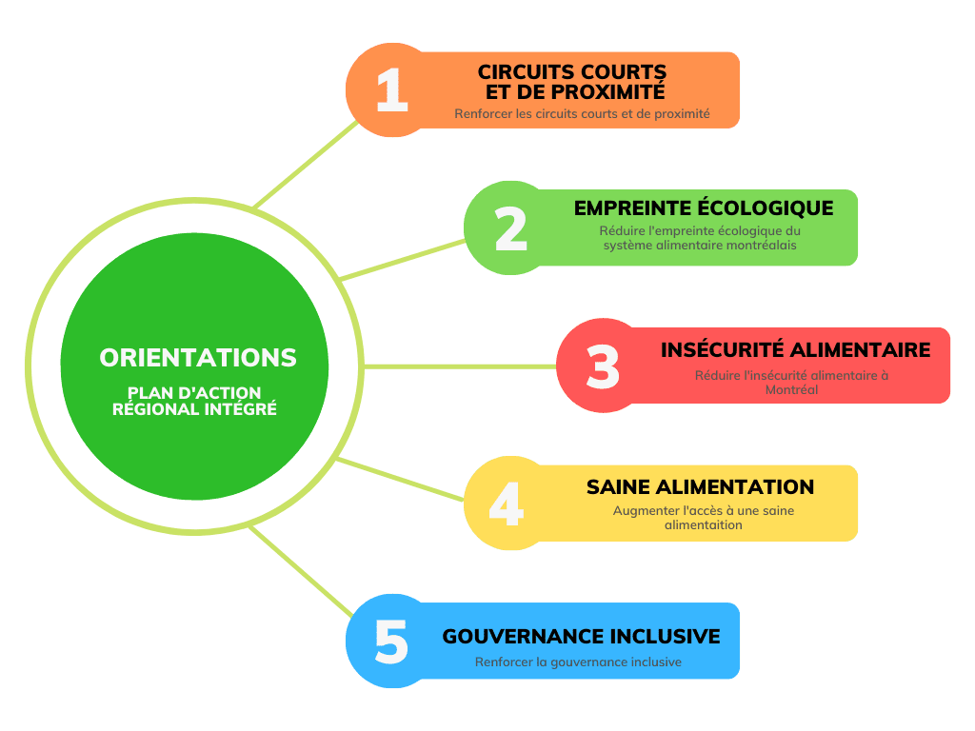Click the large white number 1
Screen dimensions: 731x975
pyautogui.click(x=391, y=91)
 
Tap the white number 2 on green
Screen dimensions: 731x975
pyautogui.click(x=511, y=229)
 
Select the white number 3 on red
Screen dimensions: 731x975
pyautogui.click(x=603, y=367)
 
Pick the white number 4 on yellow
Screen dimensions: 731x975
pyautogui.click(x=506, y=504)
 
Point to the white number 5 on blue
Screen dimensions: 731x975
pyautogui.click(x=390, y=642)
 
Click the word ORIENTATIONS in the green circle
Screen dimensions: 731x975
pyautogui.click(x=198, y=358)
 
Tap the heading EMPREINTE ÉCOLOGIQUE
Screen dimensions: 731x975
pyautogui.click(x=704, y=208)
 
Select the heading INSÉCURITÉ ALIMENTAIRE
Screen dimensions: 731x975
pyautogui.click(x=795, y=350)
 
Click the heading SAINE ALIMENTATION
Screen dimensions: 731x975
pyautogui.click(x=700, y=487)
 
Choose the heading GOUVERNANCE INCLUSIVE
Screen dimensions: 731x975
pyautogui.click(x=581, y=637)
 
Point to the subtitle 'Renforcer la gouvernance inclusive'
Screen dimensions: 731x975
pyautogui.click(x=578, y=662)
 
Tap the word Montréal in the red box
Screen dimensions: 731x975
pyautogui.click(x=791, y=389)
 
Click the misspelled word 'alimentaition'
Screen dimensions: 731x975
pyautogui.click(x=703, y=524)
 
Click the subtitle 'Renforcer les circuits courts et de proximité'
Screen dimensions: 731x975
pyautogui.click(x=582, y=113)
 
